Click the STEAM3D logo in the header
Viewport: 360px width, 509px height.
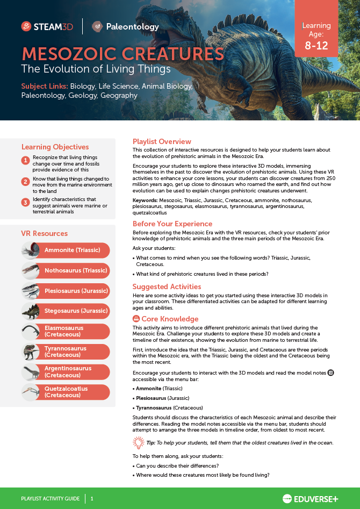tap(48, 26)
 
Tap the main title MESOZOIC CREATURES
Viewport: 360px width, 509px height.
tap(123, 54)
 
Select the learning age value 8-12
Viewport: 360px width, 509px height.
tap(316, 46)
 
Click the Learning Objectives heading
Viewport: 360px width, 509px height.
tap(55, 147)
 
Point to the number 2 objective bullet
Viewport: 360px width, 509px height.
tap(25, 182)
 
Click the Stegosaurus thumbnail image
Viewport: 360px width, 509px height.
tap(31, 311)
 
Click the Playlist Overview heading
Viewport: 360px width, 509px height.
tap(162, 142)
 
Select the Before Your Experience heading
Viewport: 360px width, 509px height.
tap(172, 224)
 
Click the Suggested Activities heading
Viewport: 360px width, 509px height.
tap(167, 287)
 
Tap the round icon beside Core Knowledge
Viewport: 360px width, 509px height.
tap(136, 319)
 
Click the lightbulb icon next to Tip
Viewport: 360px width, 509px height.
tap(138, 442)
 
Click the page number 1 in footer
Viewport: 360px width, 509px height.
tap(92, 499)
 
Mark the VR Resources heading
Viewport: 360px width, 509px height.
tap(44, 234)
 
